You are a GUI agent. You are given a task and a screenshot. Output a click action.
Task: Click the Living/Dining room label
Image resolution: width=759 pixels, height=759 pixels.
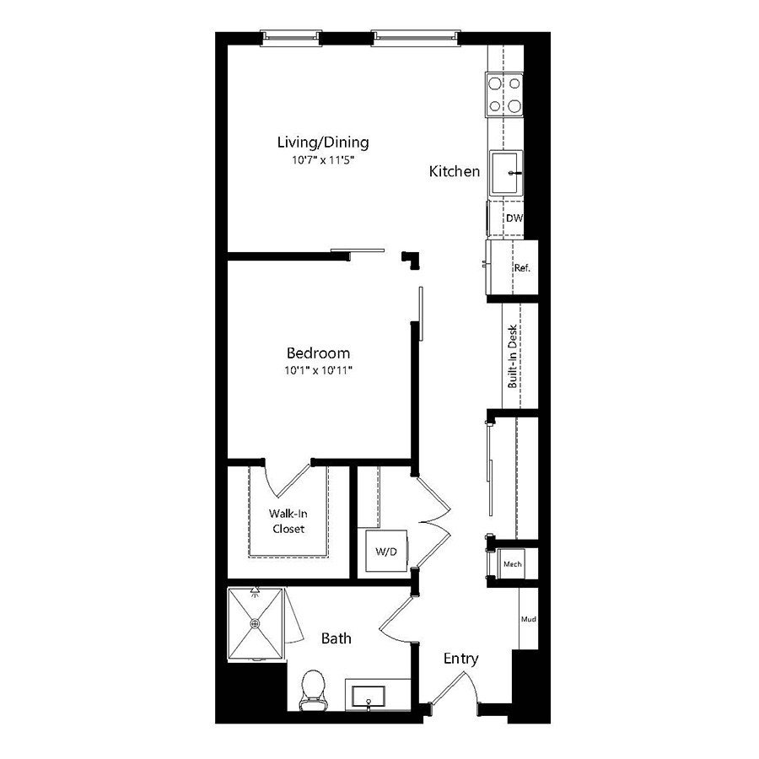[x=323, y=143]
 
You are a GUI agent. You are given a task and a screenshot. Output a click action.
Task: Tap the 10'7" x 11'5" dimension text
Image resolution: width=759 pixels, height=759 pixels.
[x=323, y=159]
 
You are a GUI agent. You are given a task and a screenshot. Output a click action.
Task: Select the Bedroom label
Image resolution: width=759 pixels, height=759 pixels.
[x=318, y=353]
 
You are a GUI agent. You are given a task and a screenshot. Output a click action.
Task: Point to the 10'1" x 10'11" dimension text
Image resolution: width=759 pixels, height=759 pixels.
[x=318, y=371]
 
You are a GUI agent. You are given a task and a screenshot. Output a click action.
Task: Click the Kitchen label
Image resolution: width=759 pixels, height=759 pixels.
[x=454, y=171]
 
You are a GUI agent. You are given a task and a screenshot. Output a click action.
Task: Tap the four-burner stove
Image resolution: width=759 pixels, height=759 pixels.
[x=504, y=94]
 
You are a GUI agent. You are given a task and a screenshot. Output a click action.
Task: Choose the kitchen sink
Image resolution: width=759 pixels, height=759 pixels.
[x=506, y=173]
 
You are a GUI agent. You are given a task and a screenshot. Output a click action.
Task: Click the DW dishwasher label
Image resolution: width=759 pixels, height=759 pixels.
[x=514, y=218]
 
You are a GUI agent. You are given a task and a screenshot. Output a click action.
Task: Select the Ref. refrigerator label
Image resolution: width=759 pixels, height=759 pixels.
[x=522, y=267]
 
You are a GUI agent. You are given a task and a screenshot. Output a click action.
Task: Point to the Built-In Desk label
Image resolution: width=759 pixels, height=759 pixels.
[x=512, y=356]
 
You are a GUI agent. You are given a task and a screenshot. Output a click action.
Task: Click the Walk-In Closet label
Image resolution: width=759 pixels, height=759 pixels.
[x=288, y=521]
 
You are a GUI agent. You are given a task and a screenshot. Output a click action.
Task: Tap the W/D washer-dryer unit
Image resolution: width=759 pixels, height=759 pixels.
[x=386, y=551]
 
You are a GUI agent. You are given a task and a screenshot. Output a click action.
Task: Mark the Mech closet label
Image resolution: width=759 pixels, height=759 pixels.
[x=513, y=564]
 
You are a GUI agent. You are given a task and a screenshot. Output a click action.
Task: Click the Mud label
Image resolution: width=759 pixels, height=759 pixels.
[x=529, y=619]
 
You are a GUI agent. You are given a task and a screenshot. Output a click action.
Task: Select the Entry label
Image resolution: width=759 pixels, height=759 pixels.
[x=460, y=659]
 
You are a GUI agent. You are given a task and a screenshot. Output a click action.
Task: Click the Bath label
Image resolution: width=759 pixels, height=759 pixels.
[x=336, y=638]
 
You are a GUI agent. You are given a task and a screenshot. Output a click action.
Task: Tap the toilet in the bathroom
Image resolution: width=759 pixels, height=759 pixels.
[x=313, y=690]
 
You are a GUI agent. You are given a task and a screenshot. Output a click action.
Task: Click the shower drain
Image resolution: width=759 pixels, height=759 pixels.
[x=255, y=624]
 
